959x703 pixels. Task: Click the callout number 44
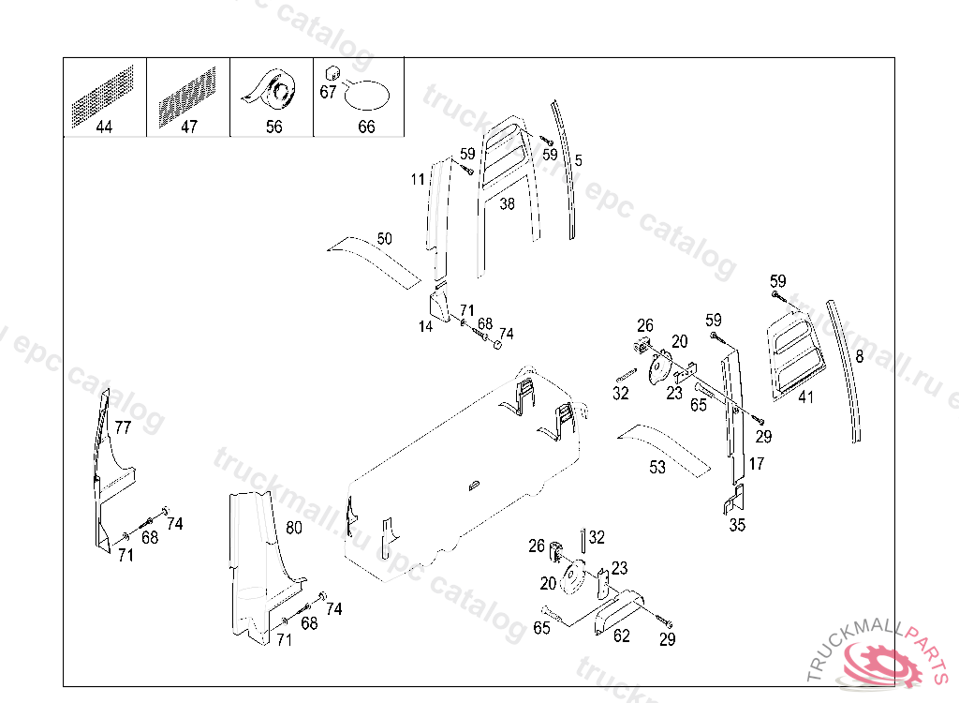point(104,127)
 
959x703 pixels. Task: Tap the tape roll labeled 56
point(273,92)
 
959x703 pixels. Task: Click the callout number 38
point(507,203)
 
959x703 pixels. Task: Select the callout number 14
point(426,326)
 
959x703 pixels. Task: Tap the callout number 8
point(860,356)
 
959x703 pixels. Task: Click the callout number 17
point(757,463)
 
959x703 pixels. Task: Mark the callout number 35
point(737,525)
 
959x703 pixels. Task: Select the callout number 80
point(294,528)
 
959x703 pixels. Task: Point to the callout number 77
point(123,427)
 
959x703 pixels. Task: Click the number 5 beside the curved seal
point(578,160)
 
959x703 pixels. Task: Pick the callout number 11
point(418,179)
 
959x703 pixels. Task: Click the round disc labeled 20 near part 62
point(572,578)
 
